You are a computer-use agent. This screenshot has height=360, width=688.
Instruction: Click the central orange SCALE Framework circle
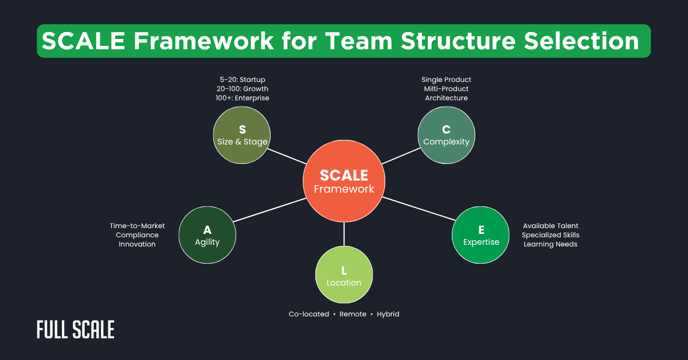pyautogui.click(x=344, y=181)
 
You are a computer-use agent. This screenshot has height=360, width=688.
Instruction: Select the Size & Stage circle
pyautogui.click(x=242, y=135)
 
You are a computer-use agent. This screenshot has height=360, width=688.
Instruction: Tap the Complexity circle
pyautogui.click(x=446, y=135)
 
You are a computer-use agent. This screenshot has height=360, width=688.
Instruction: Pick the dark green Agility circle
pyautogui.click(x=207, y=236)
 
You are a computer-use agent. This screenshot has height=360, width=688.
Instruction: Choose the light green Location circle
pyautogui.click(x=344, y=276)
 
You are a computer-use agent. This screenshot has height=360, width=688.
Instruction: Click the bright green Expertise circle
pyautogui.click(x=481, y=236)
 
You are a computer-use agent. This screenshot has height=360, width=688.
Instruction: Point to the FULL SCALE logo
pyautogui.click(x=76, y=330)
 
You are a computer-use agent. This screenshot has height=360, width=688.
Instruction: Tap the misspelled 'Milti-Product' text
pyautogui.click(x=446, y=89)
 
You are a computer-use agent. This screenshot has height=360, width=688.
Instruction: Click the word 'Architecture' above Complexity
pyautogui.click(x=446, y=98)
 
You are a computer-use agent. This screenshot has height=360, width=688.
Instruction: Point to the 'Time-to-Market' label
pyautogui.click(x=137, y=226)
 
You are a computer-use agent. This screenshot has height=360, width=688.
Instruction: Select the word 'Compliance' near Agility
pyautogui.click(x=137, y=235)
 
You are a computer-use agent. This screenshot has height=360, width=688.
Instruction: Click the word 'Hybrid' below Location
pyautogui.click(x=388, y=314)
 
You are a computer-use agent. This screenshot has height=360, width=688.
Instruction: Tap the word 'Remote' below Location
pyautogui.click(x=353, y=314)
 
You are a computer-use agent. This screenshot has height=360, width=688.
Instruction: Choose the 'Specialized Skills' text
pyautogui.click(x=550, y=235)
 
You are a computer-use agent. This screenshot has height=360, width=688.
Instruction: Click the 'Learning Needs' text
pyautogui.click(x=550, y=244)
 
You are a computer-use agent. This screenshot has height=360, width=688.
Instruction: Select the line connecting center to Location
pyautogui.click(x=344, y=234)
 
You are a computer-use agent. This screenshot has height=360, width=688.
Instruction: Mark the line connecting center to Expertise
pyautogui.click(x=419, y=209)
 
